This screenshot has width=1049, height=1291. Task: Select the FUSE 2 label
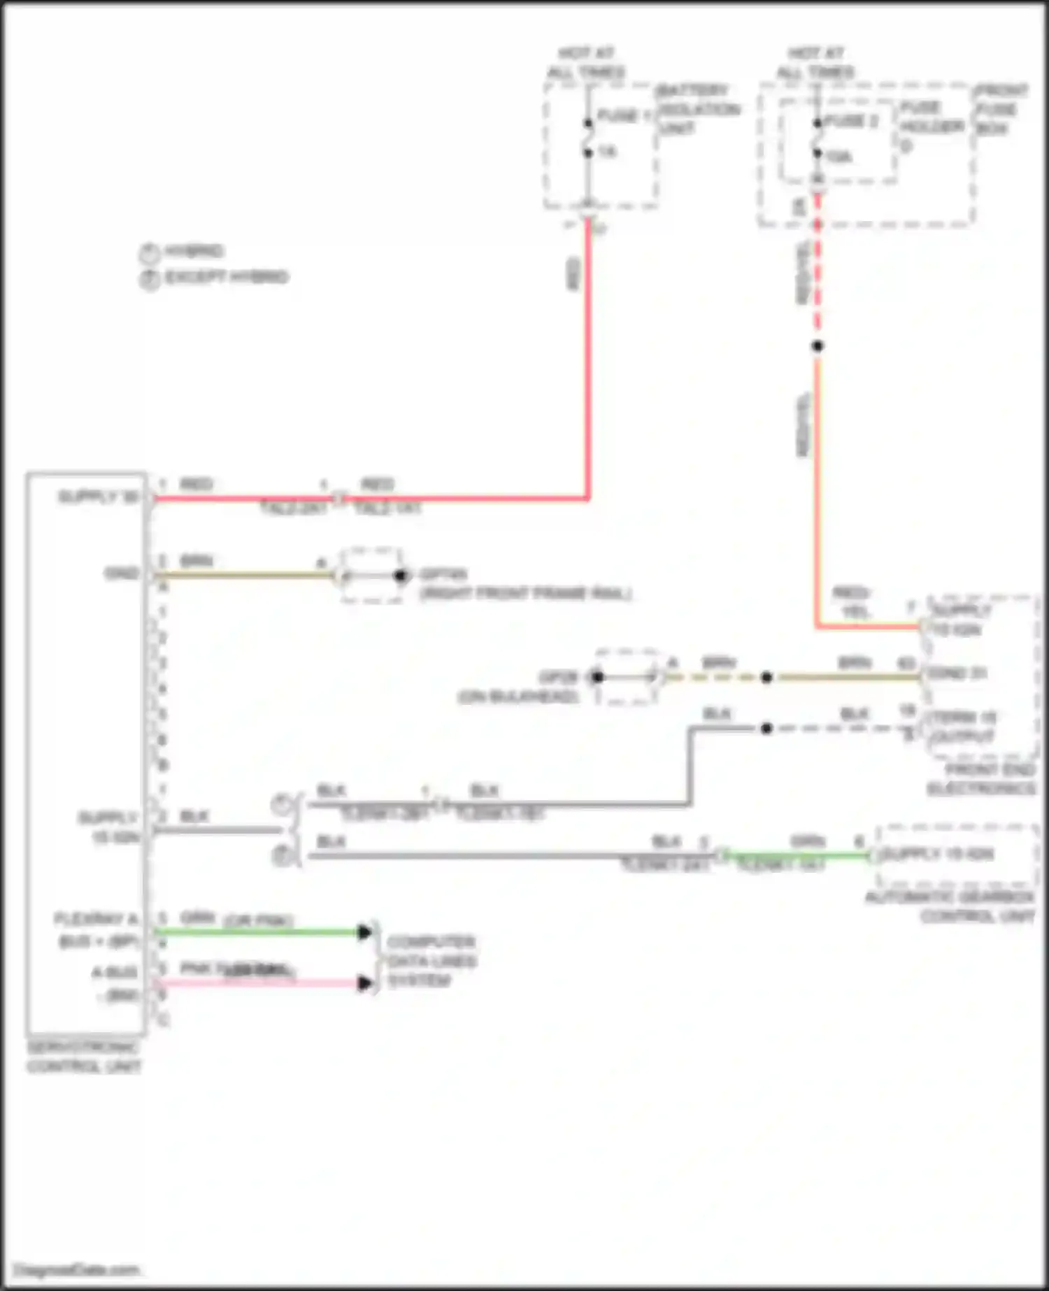pyautogui.click(x=851, y=121)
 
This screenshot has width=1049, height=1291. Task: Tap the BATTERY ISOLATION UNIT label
pyautogui.click(x=698, y=109)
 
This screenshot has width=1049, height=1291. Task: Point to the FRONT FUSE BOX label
pyautogui.click(x=1001, y=109)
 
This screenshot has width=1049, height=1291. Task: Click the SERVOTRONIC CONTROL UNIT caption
pyautogui.click(x=83, y=1057)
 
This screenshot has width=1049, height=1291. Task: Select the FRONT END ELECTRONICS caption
pyautogui.click(x=981, y=779)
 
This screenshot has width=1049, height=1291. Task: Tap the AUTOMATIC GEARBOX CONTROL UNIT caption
pyautogui.click(x=950, y=906)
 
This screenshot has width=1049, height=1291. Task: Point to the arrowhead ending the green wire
pyautogui.click(x=364, y=932)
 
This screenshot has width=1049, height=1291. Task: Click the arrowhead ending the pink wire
pyautogui.click(x=364, y=983)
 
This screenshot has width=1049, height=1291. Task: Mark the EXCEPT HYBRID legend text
pyautogui.click(x=226, y=277)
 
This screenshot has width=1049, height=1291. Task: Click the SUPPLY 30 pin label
pyautogui.click(x=98, y=497)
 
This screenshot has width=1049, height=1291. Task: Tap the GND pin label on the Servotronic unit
pyautogui.click(x=122, y=573)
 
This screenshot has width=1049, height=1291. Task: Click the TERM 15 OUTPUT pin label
pyautogui.click(x=963, y=727)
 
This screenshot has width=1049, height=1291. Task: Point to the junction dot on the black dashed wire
pyautogui.click(x=766, y=728)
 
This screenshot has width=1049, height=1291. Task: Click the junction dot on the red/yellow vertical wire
pyautogui.click(x=817, y=345)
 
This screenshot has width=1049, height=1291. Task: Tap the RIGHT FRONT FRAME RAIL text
pyautogui.click(x=525, y=594)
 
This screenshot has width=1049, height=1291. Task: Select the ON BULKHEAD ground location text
pyautogui.click(x=518, y=697)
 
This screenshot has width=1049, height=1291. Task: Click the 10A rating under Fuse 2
pyautogui.click(x=838, y=156)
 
